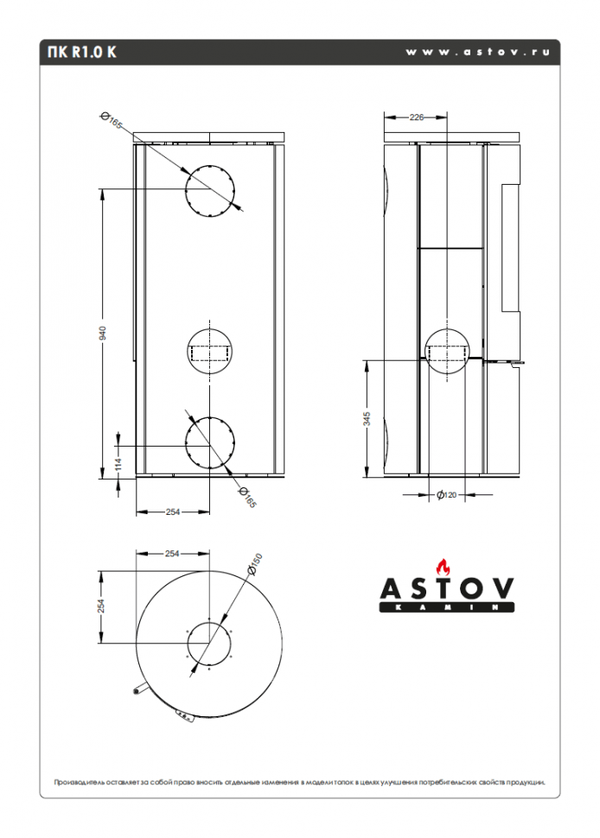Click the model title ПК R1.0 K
[x=77, y=52]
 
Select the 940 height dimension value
[x=102, y=333]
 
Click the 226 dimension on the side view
[x=416, y=117]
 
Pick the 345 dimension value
[x=367, y=418]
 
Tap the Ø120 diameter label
[x=445, y=495]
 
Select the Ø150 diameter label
[x=252, y=564]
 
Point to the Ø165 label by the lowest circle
[x=247, y=498]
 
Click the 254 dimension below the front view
[x=173, y=512]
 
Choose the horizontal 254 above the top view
[x=172, y=553]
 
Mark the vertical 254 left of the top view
[x=101, y=606]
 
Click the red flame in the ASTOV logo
[x=444, y=567]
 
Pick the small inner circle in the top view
[x=208, y=644]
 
